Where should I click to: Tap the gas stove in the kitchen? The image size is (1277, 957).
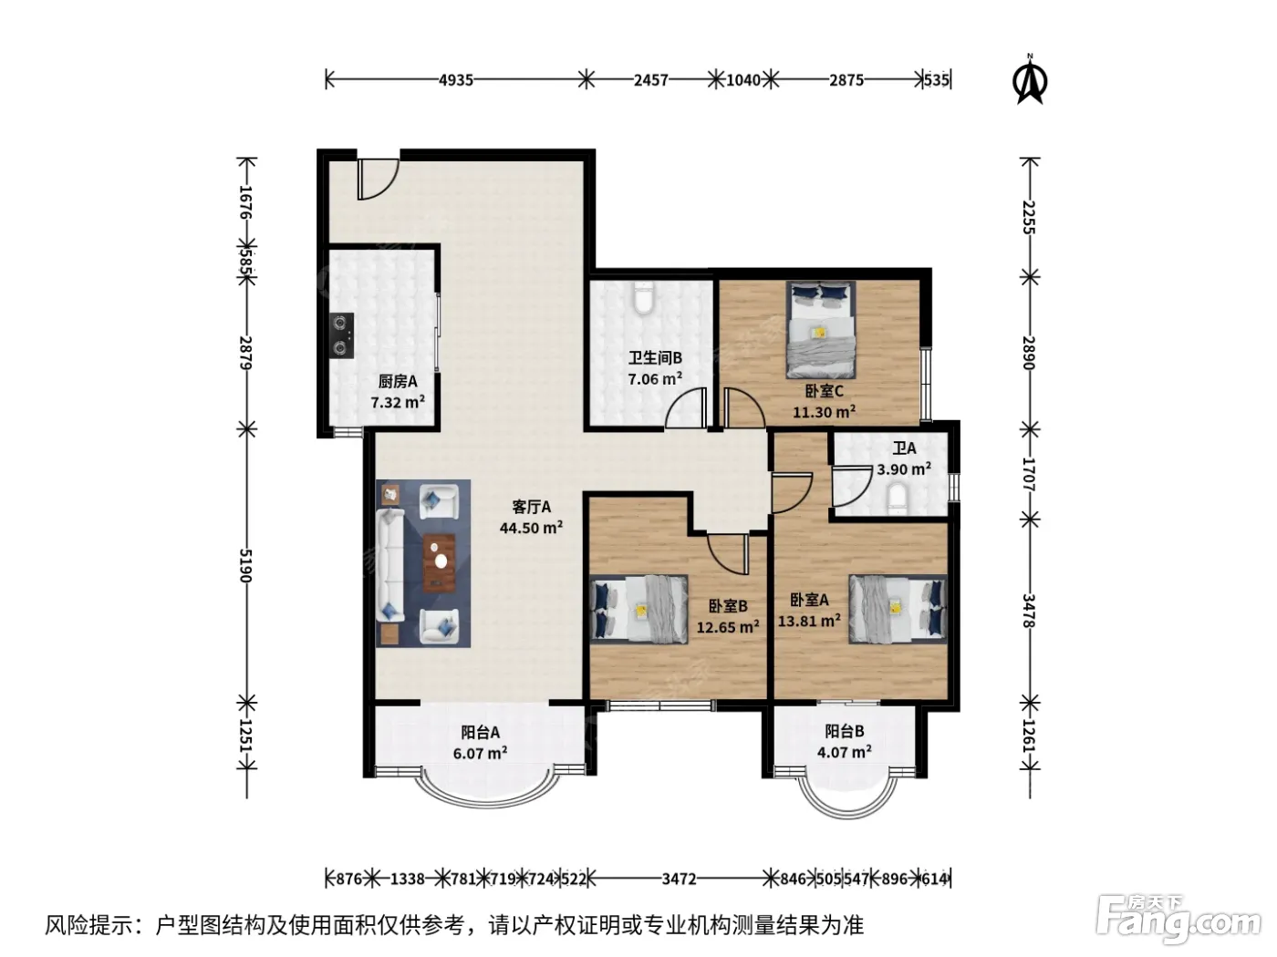[341, 335]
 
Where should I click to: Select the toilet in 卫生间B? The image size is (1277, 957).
[644, 297]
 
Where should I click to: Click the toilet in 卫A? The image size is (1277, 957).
[898, 500]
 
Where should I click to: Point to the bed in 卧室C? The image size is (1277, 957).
[821, 329]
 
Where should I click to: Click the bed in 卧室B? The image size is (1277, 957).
[638, 609]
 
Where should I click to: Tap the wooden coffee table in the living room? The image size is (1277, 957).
[440, 562]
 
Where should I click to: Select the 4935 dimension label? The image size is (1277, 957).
[456, 80]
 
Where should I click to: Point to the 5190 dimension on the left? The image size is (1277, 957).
[245, 565]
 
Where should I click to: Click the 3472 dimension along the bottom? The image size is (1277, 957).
[679, 879]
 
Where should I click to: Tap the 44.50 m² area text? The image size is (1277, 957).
[531, 528]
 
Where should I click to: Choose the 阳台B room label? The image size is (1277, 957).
[844, 731]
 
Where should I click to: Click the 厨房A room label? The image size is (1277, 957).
[398, 381]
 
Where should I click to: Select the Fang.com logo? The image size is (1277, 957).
[1178, 921]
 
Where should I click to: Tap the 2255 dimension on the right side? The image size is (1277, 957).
[1029, 217]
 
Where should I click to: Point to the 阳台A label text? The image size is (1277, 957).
[480, 732]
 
